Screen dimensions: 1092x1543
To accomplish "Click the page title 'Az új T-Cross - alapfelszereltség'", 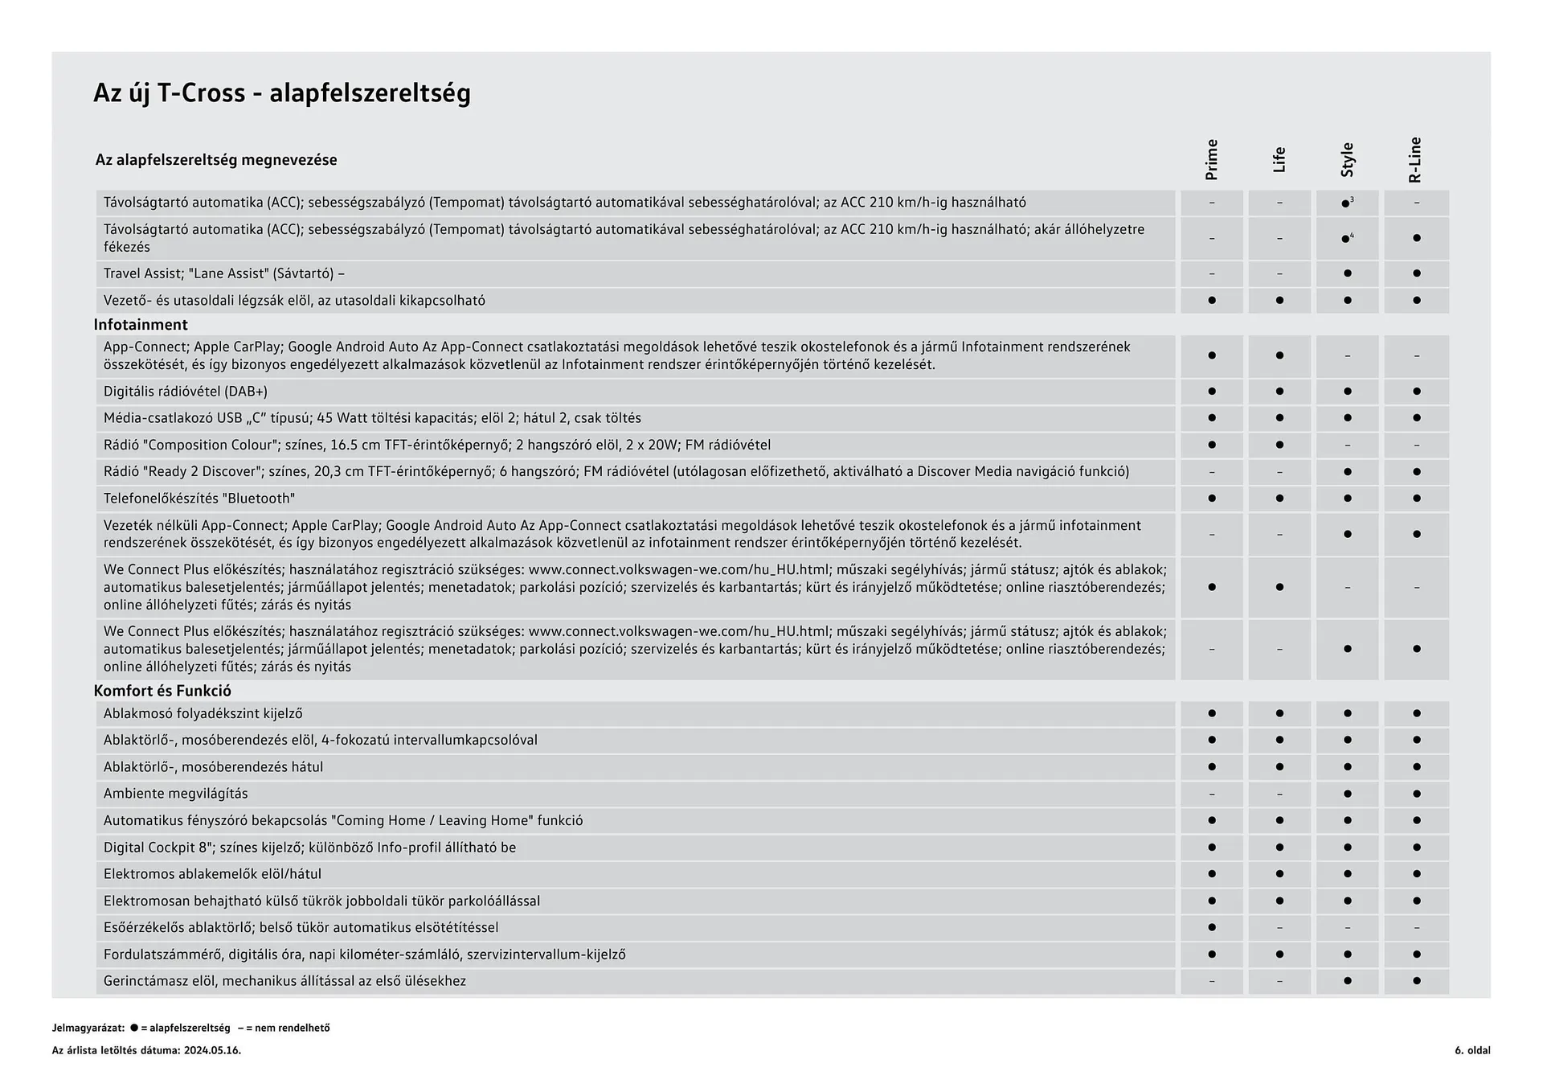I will [x=282, y=93].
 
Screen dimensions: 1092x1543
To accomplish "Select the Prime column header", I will [x=1212, y=160].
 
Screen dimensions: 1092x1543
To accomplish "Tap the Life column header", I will [x=1279, y=160].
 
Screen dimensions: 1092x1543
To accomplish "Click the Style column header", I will [x=1348, y=160].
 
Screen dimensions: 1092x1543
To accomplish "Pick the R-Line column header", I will [x=1415, y=160].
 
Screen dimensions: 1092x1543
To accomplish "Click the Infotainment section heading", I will [x=141, y=325].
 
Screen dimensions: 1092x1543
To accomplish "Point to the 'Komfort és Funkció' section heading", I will [x=162, y=691].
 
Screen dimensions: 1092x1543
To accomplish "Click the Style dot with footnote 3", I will [x=1346, y=203].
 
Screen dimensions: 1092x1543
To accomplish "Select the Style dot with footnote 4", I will [x=1346, y=239].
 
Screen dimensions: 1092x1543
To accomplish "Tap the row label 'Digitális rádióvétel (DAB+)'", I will [x=186, y=392].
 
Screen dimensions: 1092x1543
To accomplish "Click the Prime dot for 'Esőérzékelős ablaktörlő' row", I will [x=1212, y=927].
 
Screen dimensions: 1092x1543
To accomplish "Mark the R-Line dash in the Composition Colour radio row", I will [x=1416, y=445].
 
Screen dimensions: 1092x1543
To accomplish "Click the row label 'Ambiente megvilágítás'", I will [x=175, y=794].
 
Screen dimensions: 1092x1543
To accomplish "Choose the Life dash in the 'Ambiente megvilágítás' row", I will [x=1279, y=794].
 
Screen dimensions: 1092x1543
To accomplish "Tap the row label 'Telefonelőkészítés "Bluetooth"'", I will [x=199, y=499].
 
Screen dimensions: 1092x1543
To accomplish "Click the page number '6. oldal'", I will [x=1471, y=1050].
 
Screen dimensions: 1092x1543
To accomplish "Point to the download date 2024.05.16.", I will [x=212, y=1050].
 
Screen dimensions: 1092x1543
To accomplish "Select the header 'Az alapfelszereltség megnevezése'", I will [x=216, y=160].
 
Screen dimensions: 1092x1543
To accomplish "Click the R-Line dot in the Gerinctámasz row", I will [x=1416, y=981].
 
